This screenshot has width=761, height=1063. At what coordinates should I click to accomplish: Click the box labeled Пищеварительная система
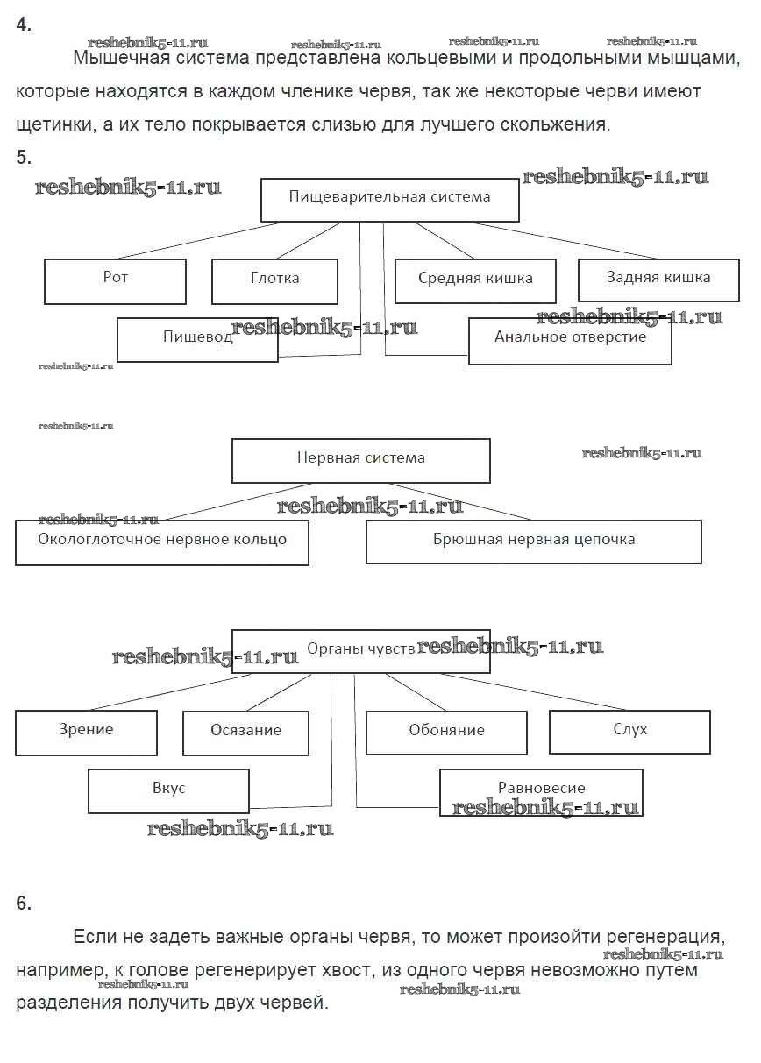(x=390, y=199)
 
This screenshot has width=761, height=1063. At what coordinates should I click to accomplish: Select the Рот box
(x=115, y=280)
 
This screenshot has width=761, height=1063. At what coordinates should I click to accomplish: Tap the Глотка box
(x=274, y=280)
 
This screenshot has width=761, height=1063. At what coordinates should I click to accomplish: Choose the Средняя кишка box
(x=475, y=280)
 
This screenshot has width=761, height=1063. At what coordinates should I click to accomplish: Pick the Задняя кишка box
(x=658, y=280)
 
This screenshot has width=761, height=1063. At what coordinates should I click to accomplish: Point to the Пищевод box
(x=197, y=339)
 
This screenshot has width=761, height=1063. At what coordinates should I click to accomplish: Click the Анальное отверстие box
(x=570, y=340)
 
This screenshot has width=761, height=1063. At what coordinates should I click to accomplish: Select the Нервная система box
(x=360, y=460)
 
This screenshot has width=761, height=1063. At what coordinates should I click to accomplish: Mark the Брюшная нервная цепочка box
(x=533, y=542)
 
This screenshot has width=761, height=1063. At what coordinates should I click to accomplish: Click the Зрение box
(x=86, y=732)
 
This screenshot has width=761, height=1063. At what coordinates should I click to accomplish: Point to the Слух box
(x=629, y=731)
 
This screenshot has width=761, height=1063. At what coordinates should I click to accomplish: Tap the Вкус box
(x=168, y=790)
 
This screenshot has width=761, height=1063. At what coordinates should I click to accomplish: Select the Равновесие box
(x=541, y=790)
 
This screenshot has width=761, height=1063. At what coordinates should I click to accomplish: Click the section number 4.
(x=24, y=25)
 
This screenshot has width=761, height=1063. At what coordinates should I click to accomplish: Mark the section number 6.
(x=24, y=904)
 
